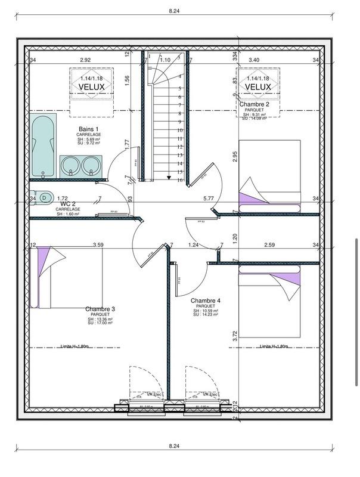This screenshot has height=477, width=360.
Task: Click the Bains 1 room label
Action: [88, 129]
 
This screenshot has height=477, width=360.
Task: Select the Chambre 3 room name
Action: [100, 309]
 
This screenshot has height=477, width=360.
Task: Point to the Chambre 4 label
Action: [206, 301]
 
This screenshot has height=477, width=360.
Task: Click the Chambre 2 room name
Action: [255, 104]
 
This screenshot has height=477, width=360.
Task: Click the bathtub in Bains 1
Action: [43, 147]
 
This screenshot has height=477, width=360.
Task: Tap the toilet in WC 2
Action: [44, 197]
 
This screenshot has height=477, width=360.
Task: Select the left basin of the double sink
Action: [71, 165]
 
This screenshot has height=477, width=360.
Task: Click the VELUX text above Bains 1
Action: [91, 87]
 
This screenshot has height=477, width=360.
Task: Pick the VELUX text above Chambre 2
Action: [257, 87]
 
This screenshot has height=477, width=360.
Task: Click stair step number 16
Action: [179, 179]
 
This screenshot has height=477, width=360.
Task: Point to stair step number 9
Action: [179, 121]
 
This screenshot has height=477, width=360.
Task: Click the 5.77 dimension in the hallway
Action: [209, 198]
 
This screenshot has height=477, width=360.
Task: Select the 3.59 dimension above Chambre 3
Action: [98, 244]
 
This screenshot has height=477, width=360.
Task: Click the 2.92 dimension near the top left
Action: [86, 60]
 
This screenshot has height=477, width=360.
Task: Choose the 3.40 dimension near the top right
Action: [253, 60]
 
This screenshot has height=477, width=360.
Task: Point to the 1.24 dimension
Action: [193, 244]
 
